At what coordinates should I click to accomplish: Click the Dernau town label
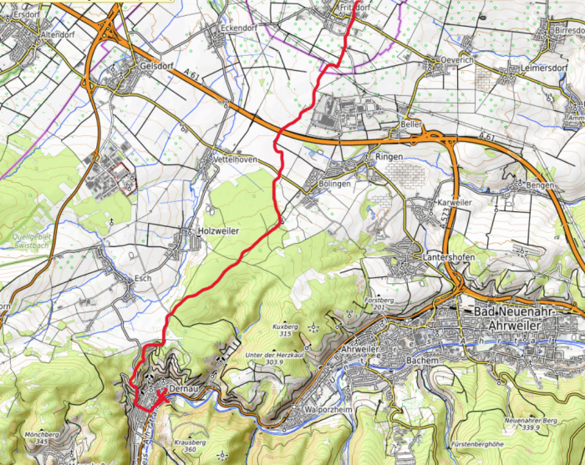(x=181, y=389)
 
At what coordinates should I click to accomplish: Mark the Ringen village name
(x=389, y=157)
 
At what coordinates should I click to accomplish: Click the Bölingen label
(x=333, y=184)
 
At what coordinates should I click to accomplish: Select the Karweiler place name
(x=455, y=204)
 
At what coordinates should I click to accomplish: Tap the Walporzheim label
(x=332, y=410)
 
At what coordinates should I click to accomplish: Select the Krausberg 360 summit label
(x=191, y=446)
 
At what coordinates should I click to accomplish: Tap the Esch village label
(x=144, y=277)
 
